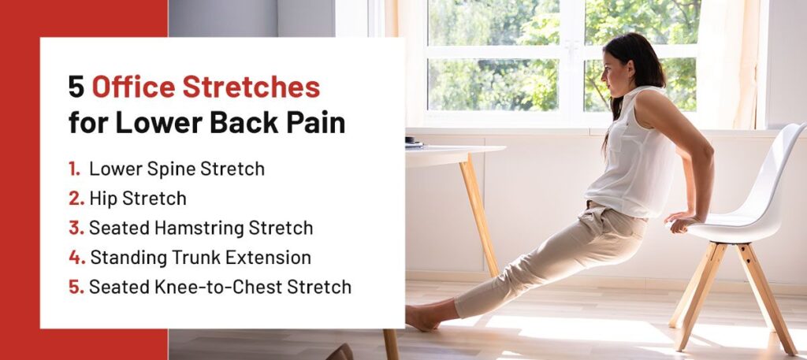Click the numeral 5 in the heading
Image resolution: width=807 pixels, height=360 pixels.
(x=76, y=87)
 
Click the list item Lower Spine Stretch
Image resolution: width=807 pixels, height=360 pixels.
(x=177, y=169)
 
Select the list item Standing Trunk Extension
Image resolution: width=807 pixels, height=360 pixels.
(x=200, y=257)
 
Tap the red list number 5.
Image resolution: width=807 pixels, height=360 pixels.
(x=76, y=287)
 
